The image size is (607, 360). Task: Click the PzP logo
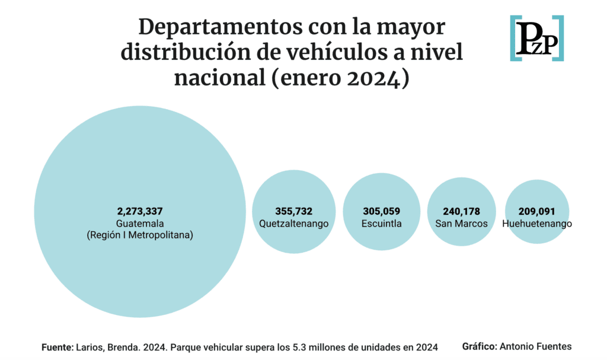536,39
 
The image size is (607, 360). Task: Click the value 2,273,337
140,211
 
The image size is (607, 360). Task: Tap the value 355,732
293,211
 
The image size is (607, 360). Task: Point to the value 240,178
461,211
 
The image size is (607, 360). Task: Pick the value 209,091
536,211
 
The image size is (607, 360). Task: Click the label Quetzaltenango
293,224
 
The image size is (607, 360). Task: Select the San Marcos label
461,224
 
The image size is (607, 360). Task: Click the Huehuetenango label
536,224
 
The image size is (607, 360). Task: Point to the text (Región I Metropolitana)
140,235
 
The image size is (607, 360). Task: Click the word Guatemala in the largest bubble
140,223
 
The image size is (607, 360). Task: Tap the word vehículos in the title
337,53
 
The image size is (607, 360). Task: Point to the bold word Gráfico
479,346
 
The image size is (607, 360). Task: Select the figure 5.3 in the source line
303,346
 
